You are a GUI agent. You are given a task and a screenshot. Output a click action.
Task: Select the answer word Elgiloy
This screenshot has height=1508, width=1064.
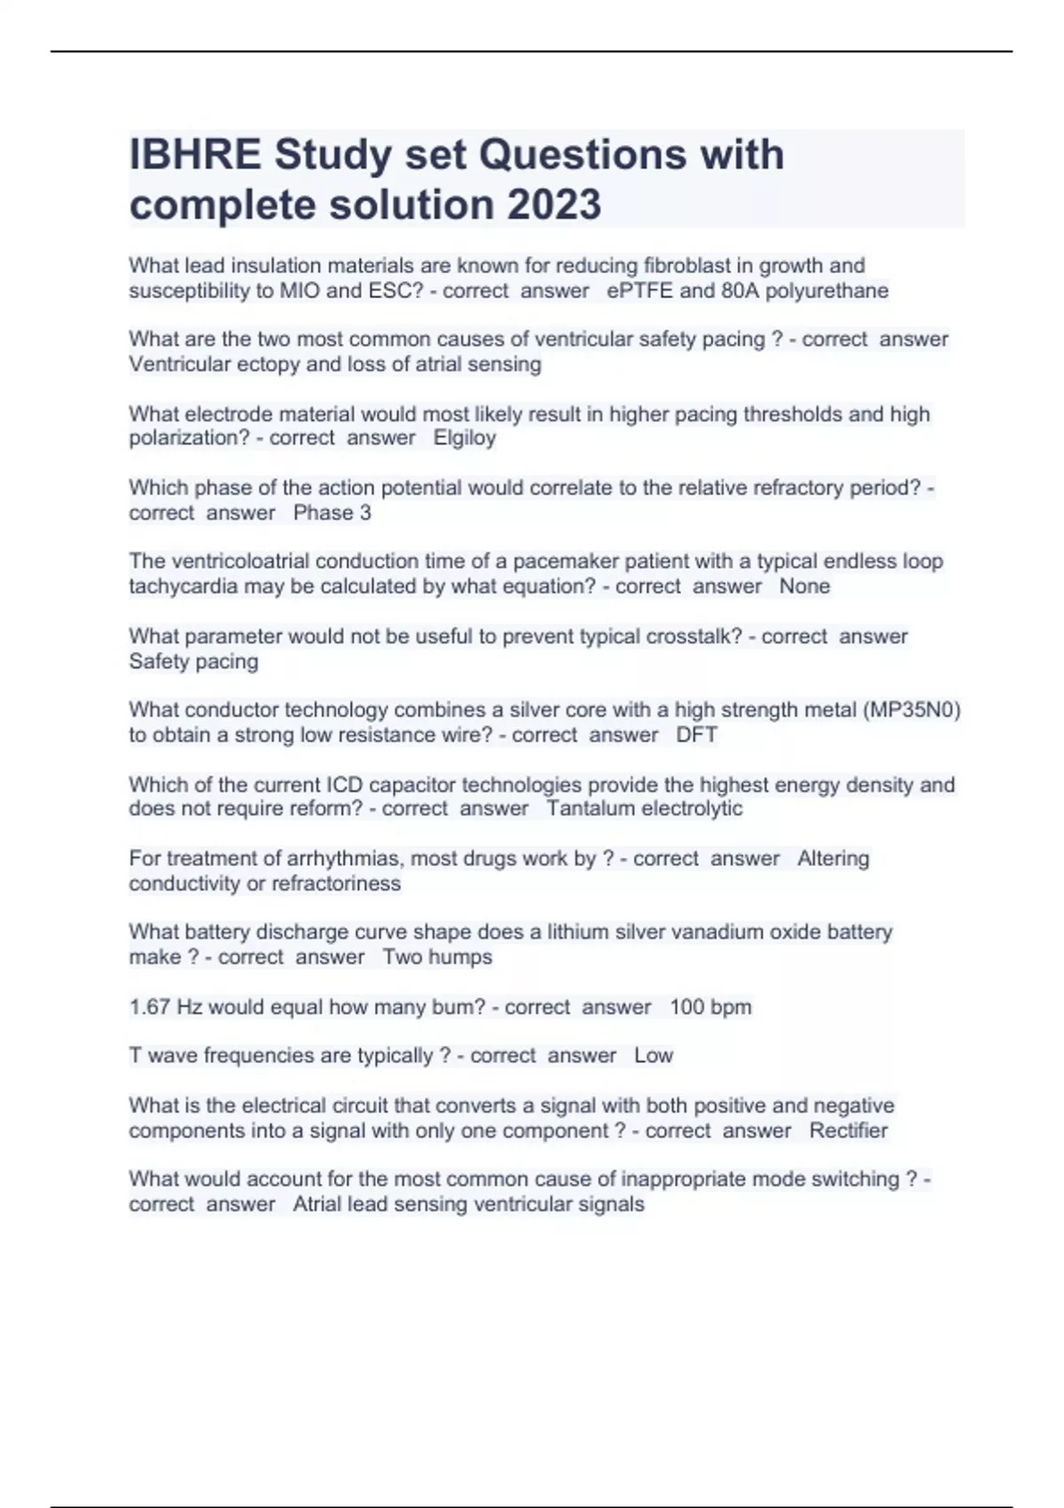click(465, 438)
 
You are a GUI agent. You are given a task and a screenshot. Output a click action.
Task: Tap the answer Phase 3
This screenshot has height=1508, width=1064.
click(332, 513)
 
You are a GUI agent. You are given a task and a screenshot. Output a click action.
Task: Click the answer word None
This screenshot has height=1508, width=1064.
click(805, 586)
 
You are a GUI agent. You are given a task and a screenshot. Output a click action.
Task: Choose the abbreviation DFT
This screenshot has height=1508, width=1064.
click(697, 734)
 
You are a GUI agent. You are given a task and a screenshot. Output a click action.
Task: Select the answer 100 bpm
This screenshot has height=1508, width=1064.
click(710, 1007)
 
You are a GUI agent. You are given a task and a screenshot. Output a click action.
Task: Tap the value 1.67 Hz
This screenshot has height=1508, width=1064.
click(166, 1007)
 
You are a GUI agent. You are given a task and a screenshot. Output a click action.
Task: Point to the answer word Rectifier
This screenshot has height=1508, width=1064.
click(849, 1131)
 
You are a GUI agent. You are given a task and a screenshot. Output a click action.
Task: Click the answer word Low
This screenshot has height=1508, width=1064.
click(653, 1056)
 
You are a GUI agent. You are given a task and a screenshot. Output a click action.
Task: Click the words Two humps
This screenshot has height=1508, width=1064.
click(437, 957)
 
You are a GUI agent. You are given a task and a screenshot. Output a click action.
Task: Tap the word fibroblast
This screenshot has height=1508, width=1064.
click(687, 265)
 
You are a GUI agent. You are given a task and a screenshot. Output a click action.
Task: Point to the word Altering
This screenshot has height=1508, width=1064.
click(833, 859)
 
